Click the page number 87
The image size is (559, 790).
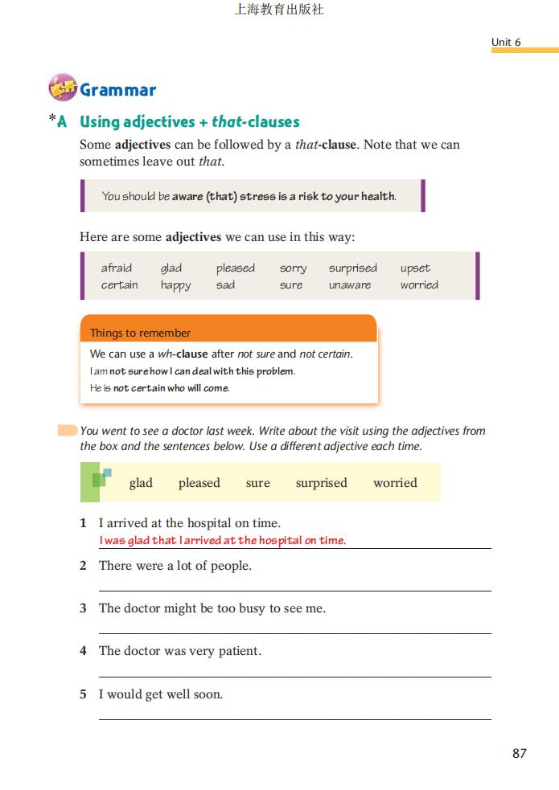pos(519,753)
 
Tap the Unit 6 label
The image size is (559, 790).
pos(506,42)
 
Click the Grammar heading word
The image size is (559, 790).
pos(117,90)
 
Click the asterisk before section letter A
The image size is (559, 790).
pos(52,120)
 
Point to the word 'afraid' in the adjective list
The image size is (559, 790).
pos(117,268)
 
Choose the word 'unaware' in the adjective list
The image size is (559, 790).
pos(350,285)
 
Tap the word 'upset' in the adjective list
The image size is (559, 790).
pos(415,268)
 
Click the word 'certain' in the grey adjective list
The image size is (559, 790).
pos(119,285)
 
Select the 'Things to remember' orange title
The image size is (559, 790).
pos(141,333)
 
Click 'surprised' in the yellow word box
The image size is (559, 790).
pos(321,483)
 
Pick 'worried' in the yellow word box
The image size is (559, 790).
pos(395,483)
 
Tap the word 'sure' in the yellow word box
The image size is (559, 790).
pos(257,483)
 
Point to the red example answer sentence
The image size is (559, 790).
pos(222,540)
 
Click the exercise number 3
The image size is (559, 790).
pos(83,608)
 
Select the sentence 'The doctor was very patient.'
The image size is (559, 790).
pos(179,651)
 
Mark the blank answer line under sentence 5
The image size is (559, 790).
pos(294,718)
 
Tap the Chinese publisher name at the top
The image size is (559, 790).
pos(279,10)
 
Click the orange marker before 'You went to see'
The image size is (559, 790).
pos(68,431)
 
